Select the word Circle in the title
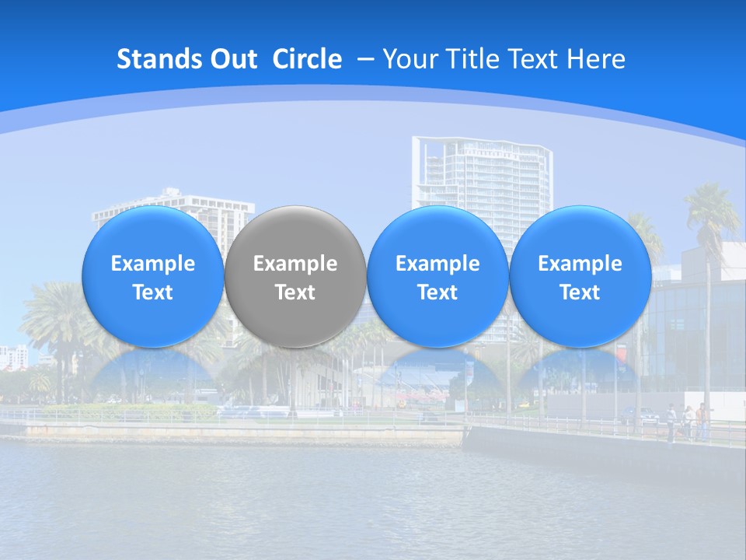tap(307, 59)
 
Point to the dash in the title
tap(366, 59)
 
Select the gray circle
tap(295, 311)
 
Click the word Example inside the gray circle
tap(295, 264)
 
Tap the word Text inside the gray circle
tap(295, 292)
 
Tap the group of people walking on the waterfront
tap(687, 422)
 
